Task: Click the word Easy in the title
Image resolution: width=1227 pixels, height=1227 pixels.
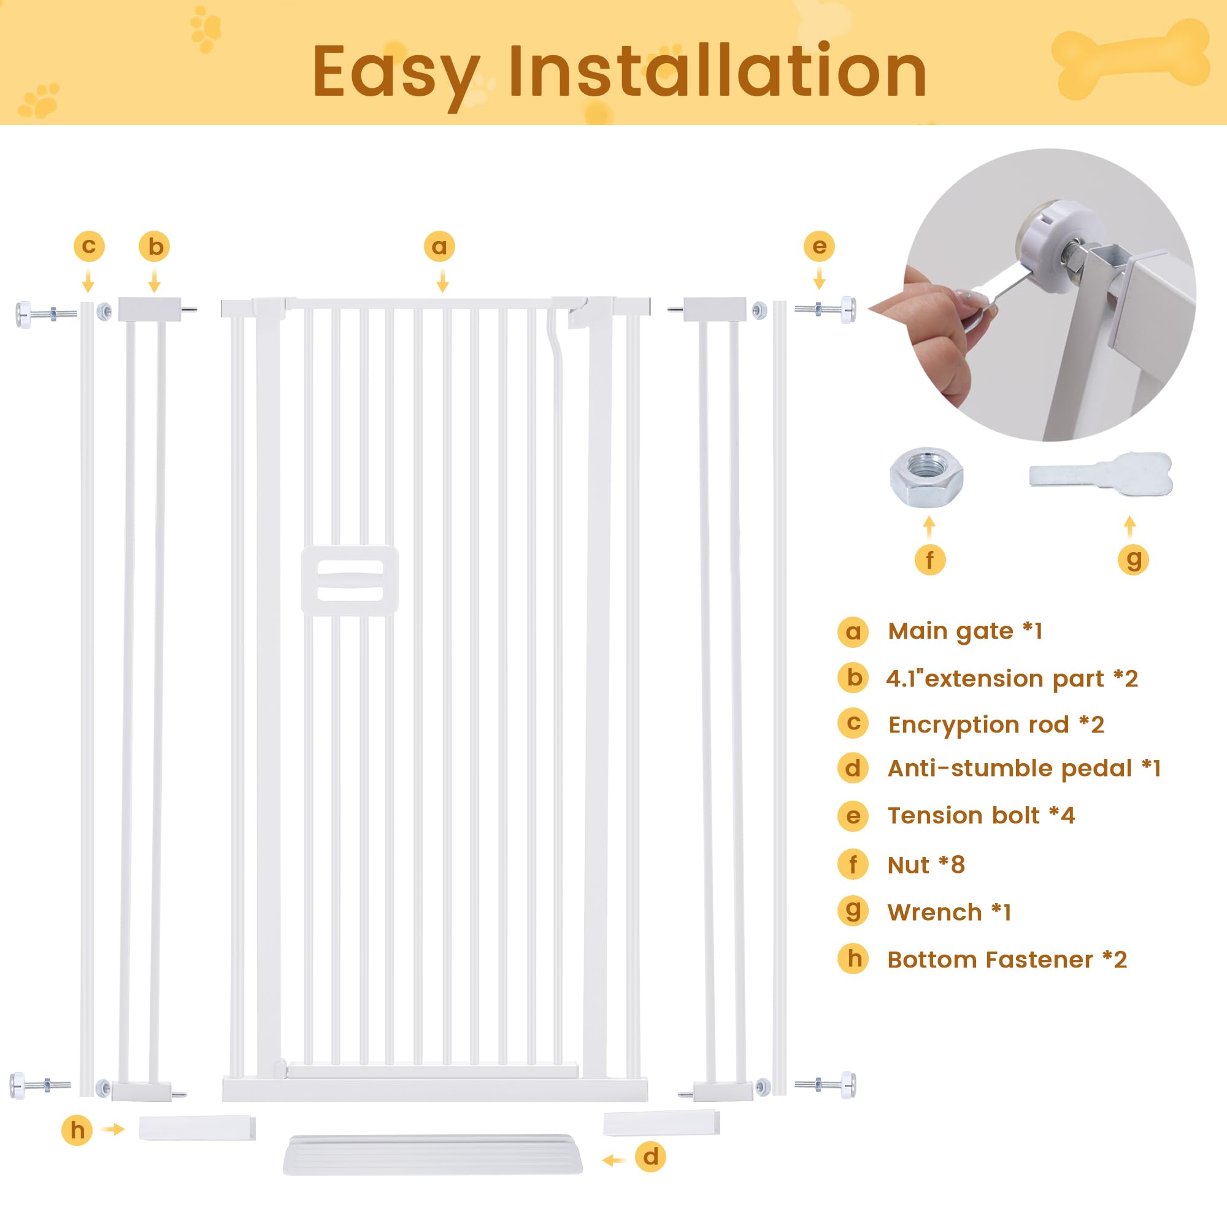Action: pos(395,73)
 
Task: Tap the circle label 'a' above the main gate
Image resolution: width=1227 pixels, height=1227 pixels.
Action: pos(439,247)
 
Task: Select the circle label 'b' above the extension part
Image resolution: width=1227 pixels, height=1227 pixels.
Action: pos(155,247)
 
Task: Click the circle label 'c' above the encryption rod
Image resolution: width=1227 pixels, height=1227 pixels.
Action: pos(89,247)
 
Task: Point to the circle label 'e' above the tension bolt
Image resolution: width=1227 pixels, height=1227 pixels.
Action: pos(819,247)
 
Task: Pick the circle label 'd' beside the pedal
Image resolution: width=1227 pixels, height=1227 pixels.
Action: pos(650,1156)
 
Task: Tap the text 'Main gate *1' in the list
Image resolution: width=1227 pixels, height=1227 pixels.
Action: pos(964,631)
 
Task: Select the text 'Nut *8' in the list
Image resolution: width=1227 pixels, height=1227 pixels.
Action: pos(925,865)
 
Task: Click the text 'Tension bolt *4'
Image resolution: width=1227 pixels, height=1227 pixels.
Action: pos(980,815)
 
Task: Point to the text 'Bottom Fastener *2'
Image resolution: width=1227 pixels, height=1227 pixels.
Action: pos(1007,960)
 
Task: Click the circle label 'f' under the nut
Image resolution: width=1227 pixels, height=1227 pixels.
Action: pos(930,560)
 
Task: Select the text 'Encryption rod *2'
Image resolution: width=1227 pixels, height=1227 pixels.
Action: pos(996,725)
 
